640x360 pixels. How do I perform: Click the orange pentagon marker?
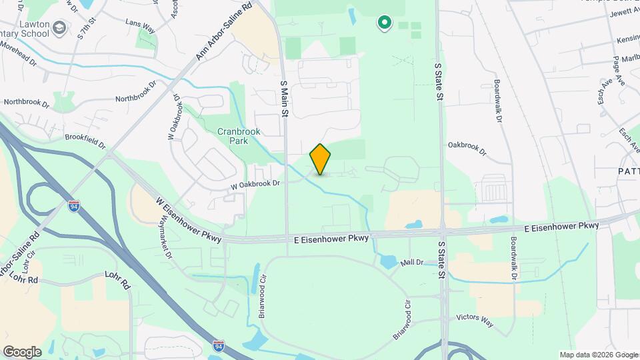(x=321, y=159)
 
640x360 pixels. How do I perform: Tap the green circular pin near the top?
(x=384, y=23)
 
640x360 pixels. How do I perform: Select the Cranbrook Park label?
(x=239, y=136)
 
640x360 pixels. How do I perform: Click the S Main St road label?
(x=284, y=99)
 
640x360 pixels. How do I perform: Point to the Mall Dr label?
(x=412, y=263)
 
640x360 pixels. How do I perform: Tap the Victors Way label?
(x=475, y=321)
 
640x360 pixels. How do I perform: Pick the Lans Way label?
(x=140, y=22)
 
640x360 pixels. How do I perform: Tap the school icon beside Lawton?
(x=61, y=28)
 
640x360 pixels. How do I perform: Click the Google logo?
(x=22, y=351)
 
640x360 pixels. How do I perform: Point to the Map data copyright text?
(x=598, y=355)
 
